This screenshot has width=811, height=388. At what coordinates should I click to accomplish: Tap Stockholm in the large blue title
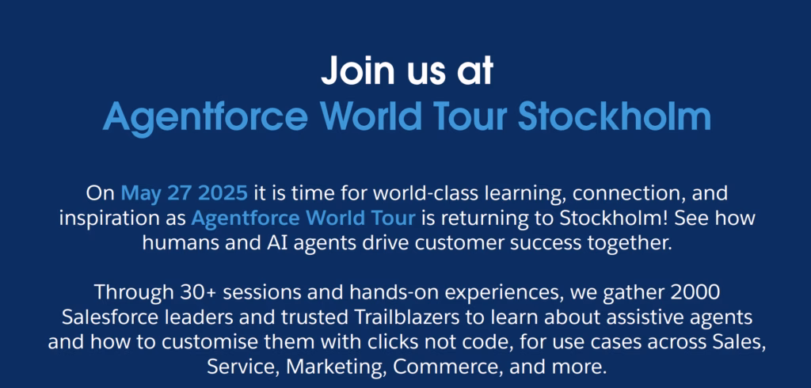[614, 116]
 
